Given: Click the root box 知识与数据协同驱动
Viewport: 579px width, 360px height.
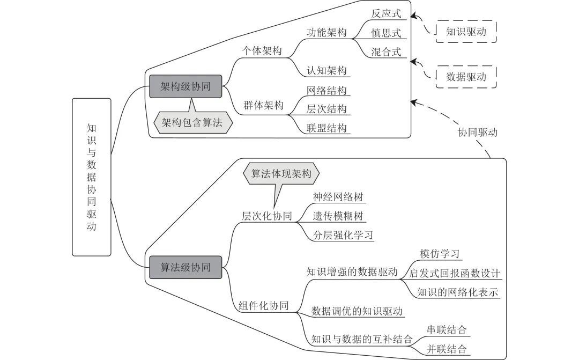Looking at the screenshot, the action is coord(92,177).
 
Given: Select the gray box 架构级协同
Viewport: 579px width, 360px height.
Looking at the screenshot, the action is coord(185,86).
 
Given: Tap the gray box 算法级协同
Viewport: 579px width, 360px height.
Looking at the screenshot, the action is coord(185,267).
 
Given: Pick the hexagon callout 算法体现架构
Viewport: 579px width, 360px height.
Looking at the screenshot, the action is coord(281,174).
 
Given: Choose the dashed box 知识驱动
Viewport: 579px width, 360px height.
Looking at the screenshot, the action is coord(466,32).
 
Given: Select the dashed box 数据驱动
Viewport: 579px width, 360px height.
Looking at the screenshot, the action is coord(466,77).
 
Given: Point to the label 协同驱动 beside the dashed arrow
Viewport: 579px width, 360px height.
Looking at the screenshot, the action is coord(478,132).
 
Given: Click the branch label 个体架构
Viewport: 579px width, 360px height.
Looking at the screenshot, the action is coord(262,50).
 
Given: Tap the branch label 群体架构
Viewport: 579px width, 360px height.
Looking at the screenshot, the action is coord(263,105).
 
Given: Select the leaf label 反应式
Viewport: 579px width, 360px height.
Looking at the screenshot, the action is coord(386,13).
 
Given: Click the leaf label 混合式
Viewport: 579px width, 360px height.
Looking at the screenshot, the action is coord(386,52).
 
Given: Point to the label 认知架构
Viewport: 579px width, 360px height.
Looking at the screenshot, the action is coord(327,70).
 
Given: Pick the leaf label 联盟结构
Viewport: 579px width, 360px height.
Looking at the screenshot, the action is coord(327,128).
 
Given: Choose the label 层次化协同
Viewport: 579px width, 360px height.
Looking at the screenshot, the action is coord(267,216).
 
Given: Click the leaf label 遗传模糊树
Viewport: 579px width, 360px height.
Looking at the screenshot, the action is coord(338,216).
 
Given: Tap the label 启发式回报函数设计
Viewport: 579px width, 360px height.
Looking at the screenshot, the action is coord(455,273).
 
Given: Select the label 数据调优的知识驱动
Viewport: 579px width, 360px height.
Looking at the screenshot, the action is coord(357,311).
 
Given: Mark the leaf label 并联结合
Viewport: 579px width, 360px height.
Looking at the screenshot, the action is coord(447,349).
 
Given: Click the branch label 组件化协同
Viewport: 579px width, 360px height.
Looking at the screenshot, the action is coord(264,306).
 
